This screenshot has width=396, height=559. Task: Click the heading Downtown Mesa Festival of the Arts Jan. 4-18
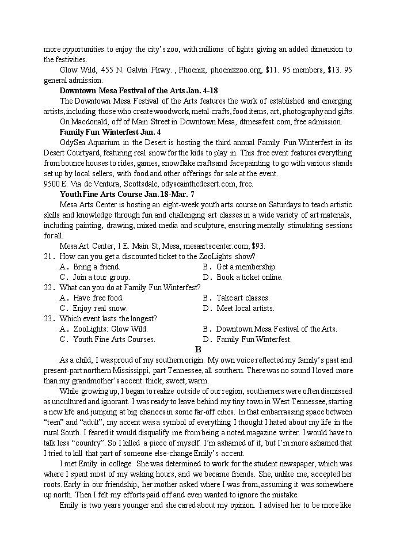[x=138, y=90]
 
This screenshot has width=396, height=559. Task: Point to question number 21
[x=49, y=256]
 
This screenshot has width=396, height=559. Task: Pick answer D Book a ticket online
[x=242, y=277]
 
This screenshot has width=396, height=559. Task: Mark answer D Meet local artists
[x=238, y=308]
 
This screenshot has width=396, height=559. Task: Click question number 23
[x=49, y=318]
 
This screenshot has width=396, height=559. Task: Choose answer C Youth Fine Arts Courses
[x=108, y=339]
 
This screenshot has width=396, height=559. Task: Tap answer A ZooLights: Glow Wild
[x=104, y=329]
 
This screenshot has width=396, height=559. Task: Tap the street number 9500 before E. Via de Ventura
[x=52, y=184]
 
